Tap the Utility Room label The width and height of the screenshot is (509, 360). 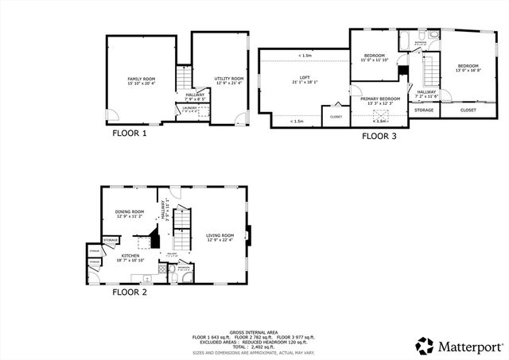coord(228,79)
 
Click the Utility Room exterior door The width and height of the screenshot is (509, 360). coord(240,118)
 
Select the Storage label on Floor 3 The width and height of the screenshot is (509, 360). coord(423,110)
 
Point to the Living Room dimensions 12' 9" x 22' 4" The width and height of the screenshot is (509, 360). coord(220,239)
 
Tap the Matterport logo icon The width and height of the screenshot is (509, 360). coord(425,346)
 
